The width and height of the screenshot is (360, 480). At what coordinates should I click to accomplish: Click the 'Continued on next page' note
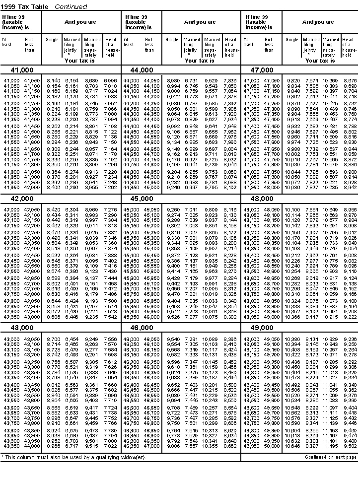tap(331, 457)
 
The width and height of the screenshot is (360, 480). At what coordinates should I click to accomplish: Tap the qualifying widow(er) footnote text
tap(74, 457)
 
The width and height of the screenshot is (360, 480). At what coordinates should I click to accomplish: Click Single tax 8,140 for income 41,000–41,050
tap(53, 80)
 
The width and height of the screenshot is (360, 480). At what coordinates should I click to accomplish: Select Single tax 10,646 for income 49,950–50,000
tap(292, 446)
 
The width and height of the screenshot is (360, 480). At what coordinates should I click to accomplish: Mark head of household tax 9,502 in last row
tap(350, 446)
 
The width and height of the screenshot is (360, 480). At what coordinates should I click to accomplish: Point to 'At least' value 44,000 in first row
tap(131, 80)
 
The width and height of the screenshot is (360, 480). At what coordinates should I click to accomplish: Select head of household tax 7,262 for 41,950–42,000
tap(110, 188)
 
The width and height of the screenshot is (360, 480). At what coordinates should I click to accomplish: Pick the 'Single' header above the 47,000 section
tap(292, 40)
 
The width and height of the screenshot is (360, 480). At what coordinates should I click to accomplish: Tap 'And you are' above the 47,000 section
tap(318, 22)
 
